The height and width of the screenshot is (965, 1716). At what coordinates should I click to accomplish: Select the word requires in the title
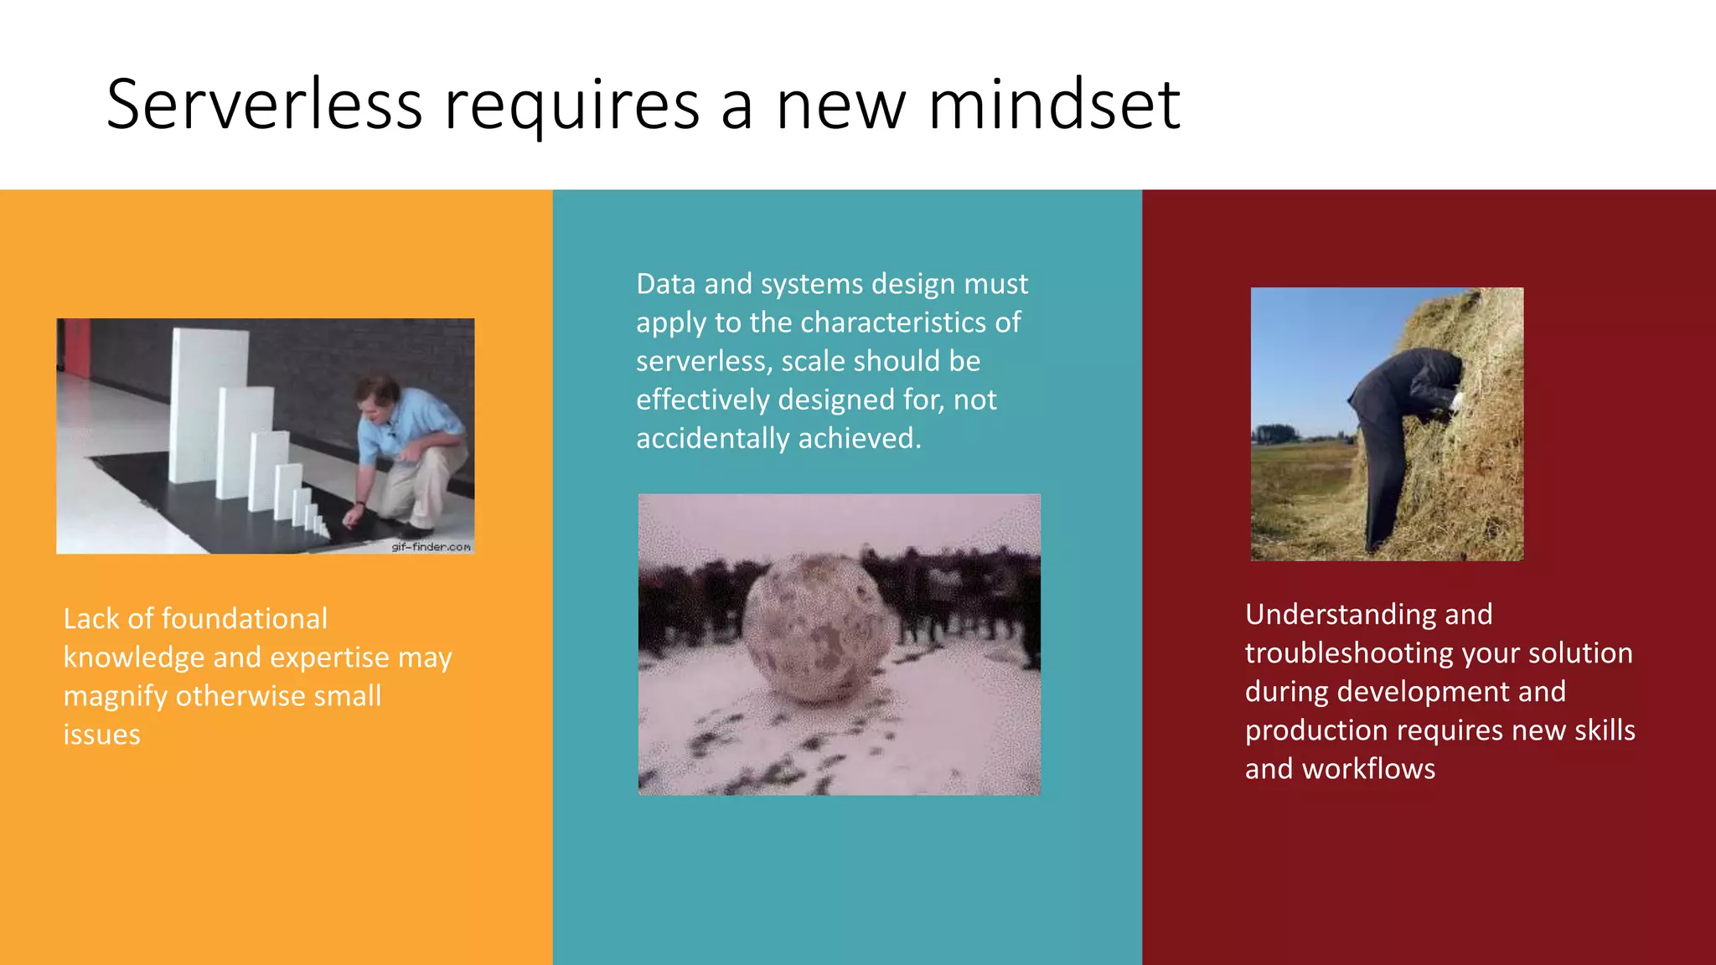tap(571, 107)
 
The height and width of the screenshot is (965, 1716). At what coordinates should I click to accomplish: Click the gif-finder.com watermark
tap(431, 547)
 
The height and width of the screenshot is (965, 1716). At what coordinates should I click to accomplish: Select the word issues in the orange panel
tap(101, 735)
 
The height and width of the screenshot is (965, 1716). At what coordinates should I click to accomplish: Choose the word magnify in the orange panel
tap(115, 697)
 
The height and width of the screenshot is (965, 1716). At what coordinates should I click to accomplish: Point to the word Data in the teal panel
tap(665, 284)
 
